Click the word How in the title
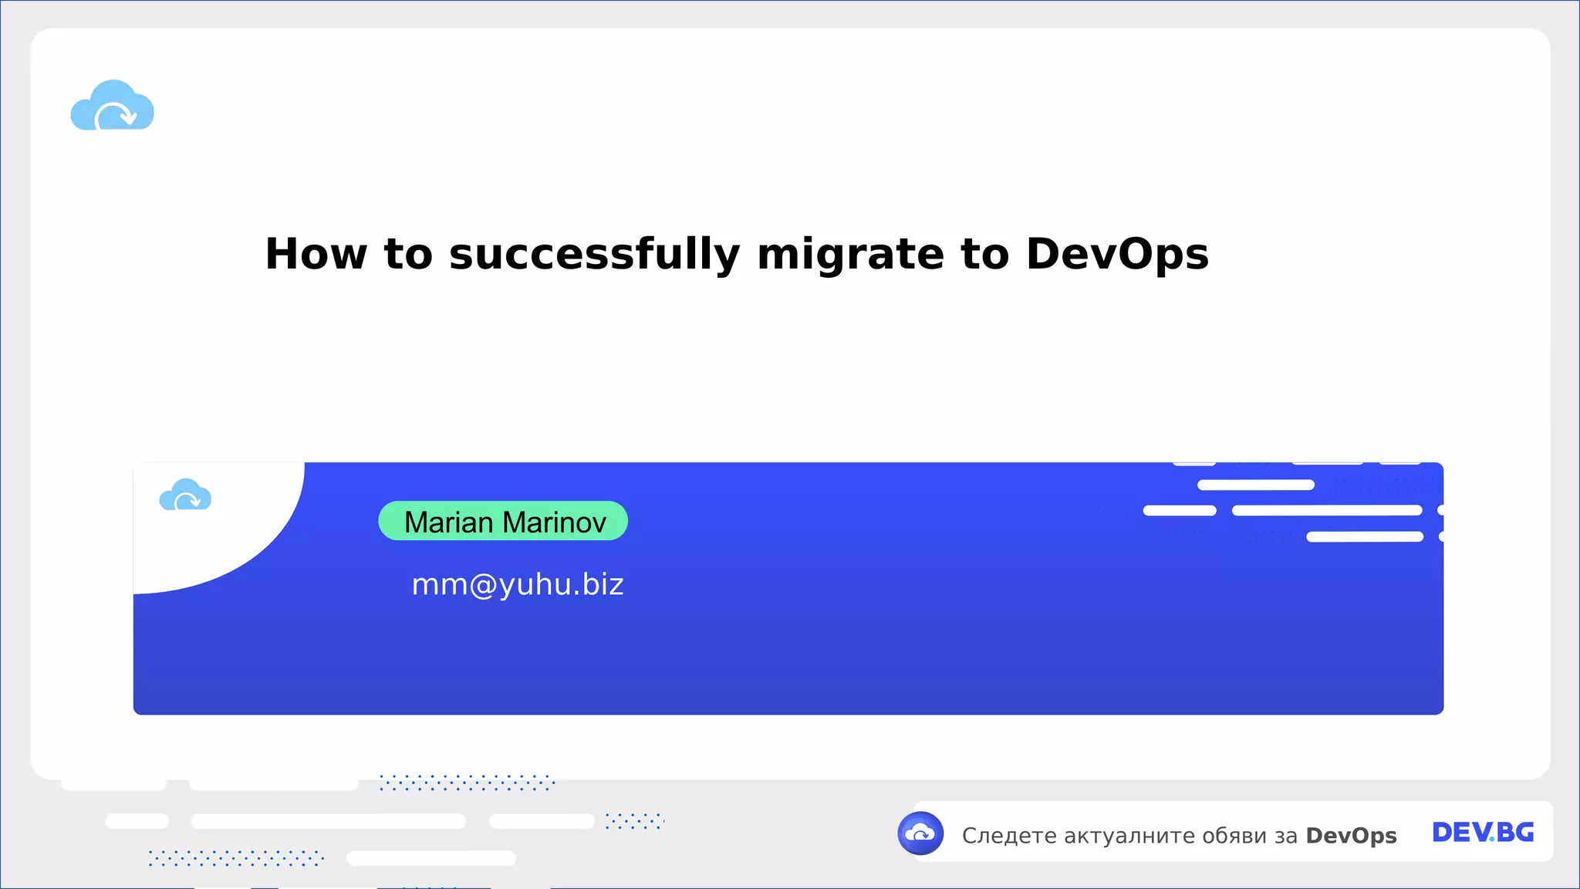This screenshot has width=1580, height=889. coord(316,254)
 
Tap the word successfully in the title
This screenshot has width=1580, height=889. coord(594,254)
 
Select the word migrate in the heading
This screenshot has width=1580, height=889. coord(850,254)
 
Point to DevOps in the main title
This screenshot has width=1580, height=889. coord(1117,254)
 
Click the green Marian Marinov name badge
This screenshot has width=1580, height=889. coord(503,521)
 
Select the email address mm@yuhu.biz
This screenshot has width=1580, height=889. coord(518,585)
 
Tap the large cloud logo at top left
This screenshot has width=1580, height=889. coord(113,106)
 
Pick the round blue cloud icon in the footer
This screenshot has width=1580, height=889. coord(920,833)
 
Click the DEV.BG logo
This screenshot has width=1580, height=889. coord(1483,833)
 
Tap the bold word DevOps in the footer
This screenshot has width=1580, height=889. coord(1351,836)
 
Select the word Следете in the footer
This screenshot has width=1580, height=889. coord(1009,836)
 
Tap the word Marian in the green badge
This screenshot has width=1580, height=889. coord(448,522)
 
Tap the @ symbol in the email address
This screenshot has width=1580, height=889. coord(483,586)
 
